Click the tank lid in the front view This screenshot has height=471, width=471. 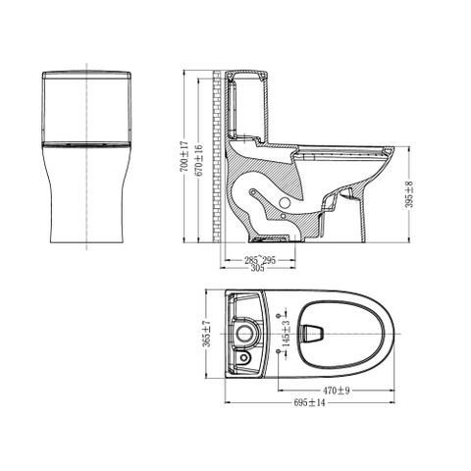(89, 77)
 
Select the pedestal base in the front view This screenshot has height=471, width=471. (89, 206)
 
